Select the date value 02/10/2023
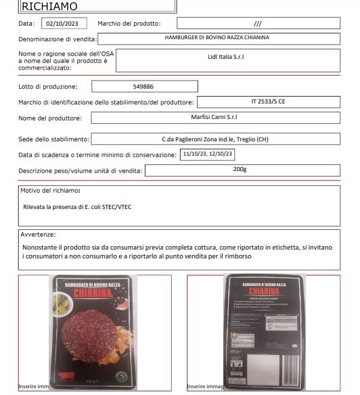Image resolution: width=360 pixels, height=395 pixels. tap(65, 23)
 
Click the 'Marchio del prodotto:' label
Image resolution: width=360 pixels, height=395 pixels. tap(129, 24)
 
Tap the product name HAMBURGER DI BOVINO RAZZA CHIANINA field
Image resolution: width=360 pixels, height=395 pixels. tap(217, 38)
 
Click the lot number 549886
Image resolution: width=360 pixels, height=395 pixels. tap(145, 87)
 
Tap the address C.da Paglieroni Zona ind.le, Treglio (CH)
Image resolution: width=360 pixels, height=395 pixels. tap(215, 139)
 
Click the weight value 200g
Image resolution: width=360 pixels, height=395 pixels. tap(240, 169)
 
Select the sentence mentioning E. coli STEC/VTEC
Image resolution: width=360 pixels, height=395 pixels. tap(77, 206)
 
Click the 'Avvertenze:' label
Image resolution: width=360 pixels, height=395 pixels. tap(38, 234)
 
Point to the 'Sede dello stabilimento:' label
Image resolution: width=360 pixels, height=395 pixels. tap(53, 139)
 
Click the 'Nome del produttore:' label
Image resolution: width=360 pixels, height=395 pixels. tap(51, 118)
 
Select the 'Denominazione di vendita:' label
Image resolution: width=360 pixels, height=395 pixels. tap(58, 39)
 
